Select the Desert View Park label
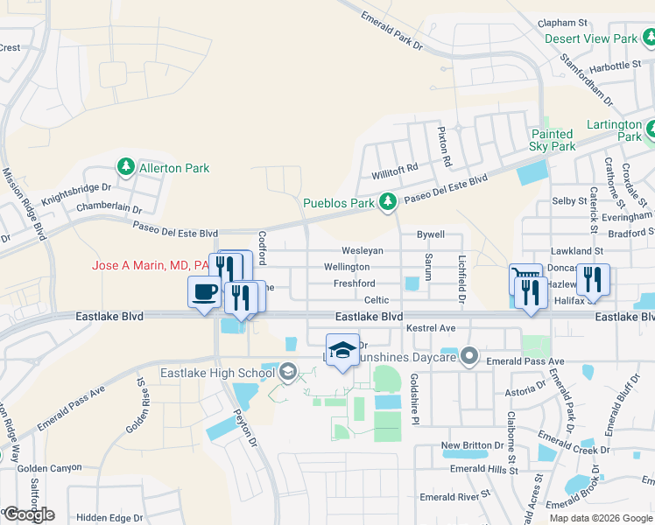(x=591, y=38)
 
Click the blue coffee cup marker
(x=205, y=291)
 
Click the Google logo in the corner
(x=29, y=514)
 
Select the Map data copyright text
(x=601, y=518)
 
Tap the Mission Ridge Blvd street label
(x=25, y=205)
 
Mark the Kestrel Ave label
(x=431, y=327)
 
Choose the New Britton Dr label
(x=467, y=445)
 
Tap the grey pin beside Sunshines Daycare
(x=469, y=356)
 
